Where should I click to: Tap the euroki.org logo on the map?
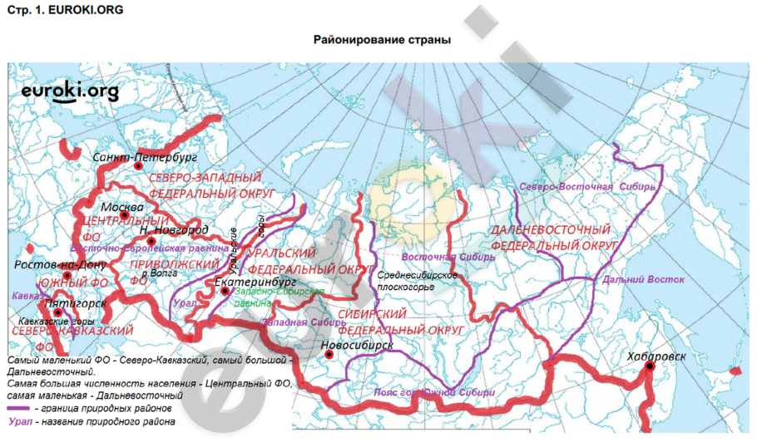point(70,91)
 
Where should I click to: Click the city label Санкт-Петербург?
point(145,155)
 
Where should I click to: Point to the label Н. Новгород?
point(174,229)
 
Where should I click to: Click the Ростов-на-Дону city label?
point(61,265)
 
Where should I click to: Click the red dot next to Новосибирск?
point(330,355)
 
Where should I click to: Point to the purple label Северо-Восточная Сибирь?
point(587,187)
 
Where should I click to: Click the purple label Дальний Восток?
point(643,280)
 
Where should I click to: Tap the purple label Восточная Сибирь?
point(448,257)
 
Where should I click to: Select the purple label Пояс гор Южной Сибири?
point(445,391)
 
